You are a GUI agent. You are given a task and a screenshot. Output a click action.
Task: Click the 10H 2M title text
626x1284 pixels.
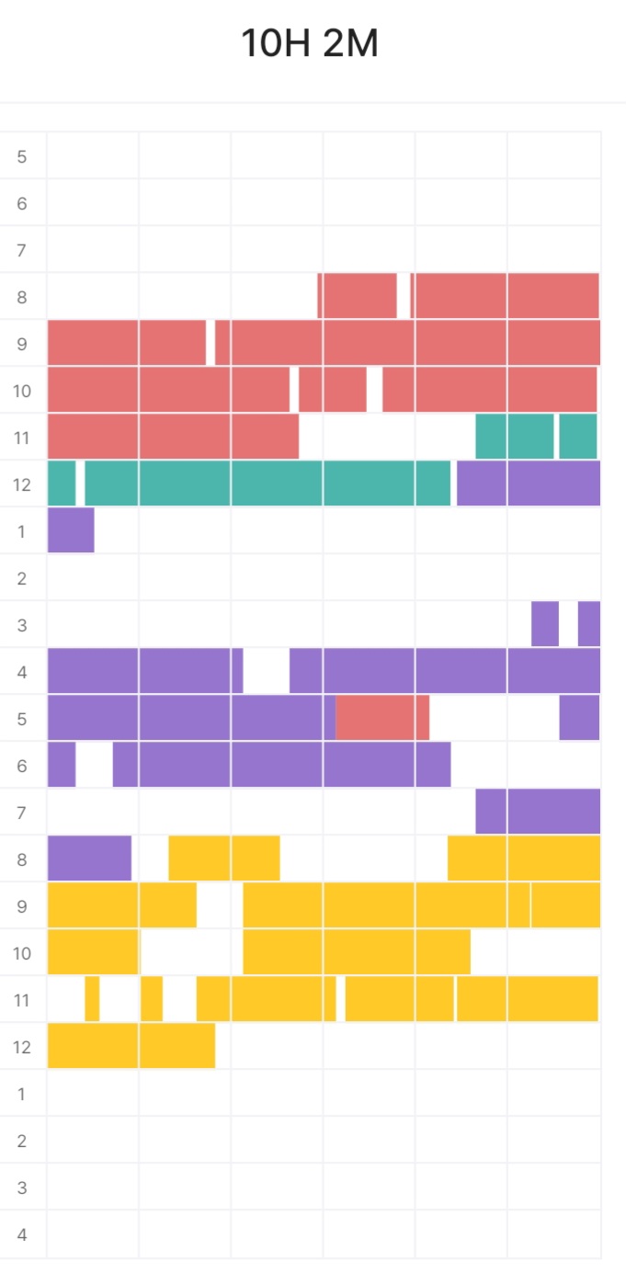click(x=310, y=44)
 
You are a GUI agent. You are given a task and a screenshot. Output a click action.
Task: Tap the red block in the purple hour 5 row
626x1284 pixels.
click(x=382, y=718)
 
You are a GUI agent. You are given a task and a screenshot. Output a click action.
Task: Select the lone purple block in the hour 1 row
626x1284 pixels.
click(x=71, y=530)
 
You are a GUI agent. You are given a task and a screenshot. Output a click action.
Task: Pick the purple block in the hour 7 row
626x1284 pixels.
click(x=538, y=812)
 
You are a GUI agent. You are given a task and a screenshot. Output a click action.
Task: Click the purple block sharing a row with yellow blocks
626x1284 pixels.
click(x=89, y=858)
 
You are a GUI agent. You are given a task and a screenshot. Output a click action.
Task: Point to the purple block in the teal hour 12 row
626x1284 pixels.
click(x=529, y=483)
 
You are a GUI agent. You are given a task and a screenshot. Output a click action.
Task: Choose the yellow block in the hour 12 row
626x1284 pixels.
click(x=131, y=1046)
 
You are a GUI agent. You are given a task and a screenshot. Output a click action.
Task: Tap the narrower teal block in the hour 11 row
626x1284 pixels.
click(x=578, y=437)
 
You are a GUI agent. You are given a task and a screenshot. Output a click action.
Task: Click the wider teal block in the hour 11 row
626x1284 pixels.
click(x=515, y=437)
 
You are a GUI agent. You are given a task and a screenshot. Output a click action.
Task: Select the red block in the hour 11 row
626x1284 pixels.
click(x=173, y=437)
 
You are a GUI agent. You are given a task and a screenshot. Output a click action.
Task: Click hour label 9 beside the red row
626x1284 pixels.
click(x=22, y=344)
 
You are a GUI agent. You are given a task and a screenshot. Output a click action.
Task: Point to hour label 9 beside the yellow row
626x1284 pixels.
click(x=22, y=906)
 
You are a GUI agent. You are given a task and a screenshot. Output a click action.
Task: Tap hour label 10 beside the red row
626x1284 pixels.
click(x=22, y=391)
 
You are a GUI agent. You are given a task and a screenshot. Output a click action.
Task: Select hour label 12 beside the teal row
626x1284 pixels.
click(x=22, y=484)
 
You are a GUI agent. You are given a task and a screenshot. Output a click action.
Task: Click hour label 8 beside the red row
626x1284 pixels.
click(x=22, y=297)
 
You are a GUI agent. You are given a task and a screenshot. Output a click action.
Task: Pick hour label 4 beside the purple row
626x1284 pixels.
click(x=22, y=672)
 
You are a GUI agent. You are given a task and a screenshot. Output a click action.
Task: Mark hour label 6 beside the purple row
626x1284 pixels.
click(x=22, y=766)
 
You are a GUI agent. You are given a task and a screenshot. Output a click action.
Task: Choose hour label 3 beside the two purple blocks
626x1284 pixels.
click(x=22, y=625)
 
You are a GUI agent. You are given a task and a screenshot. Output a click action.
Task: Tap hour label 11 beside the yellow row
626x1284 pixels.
click(x=22, y=1000)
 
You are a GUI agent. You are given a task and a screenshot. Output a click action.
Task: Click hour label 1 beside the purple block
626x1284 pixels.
click(x=22, y=531)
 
